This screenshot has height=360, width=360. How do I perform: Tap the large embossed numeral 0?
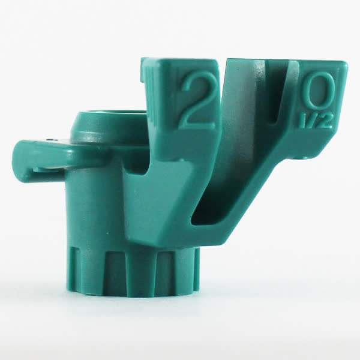(x=317, y=92)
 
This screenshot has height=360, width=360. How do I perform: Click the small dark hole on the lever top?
(x=49, y=139)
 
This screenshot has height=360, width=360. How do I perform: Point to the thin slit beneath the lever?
(x=46, y=169)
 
